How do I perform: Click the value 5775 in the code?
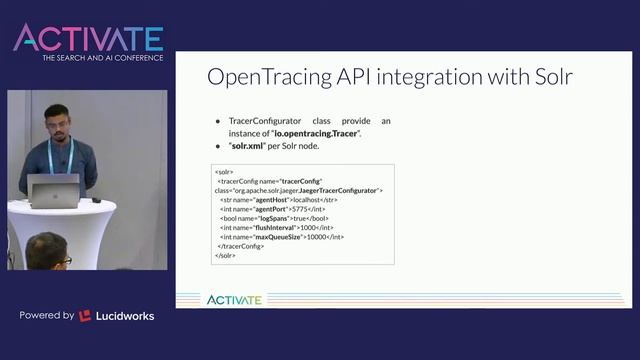[284, 208]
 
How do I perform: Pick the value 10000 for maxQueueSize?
[320, 236]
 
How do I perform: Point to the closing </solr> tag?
[225, 255]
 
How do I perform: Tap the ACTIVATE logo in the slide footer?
[234, 299]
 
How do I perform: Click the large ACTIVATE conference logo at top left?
[87, 38]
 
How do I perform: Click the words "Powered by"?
[46, 316]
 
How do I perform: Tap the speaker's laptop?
[54, 188]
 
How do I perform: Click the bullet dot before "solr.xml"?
[218, 146]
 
